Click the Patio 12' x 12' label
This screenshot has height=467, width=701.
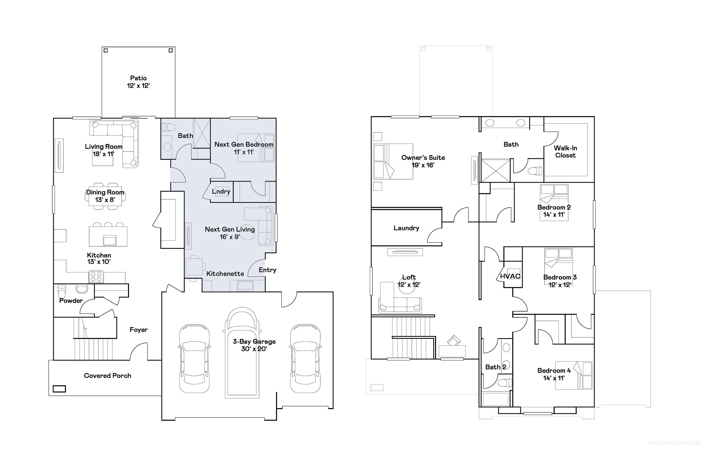(x=138, y=82)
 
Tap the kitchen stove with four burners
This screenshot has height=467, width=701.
(x=96, y=277)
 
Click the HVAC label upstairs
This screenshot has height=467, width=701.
(x=510, y=276)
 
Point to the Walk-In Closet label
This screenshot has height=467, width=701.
(x=565, y=151)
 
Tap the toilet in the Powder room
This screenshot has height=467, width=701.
(x=62, y=291)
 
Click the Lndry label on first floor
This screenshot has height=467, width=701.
(x=221, y=191)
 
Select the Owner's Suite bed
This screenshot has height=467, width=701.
(x=393, y=161)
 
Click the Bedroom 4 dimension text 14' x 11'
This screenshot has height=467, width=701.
(x=554, y=378)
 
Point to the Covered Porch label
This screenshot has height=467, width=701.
(x=107, y=376)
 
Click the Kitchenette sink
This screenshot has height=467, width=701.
(x=245, y=285)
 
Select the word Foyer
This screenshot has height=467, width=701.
(x=139, y=330)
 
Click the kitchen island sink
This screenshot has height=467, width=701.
(x=109, y=240)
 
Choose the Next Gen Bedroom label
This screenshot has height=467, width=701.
(x=244, y=144)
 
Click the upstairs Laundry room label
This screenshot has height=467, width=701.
(x=406, y=228)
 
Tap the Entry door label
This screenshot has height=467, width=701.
(x=267, y=270)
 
